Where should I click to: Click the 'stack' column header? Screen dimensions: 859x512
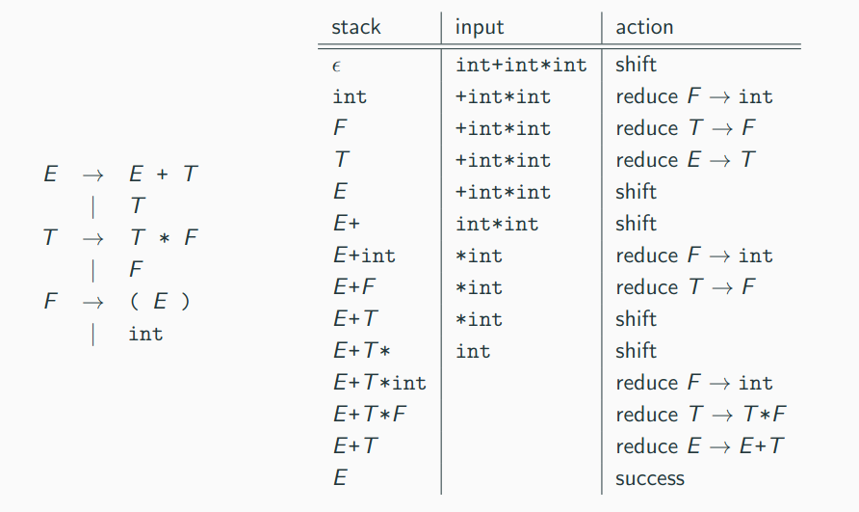tap(356, 27)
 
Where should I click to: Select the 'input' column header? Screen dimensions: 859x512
tap(480, 27)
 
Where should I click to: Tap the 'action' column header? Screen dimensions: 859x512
tap(644, 27)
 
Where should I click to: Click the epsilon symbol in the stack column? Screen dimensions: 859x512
tap(336, 67)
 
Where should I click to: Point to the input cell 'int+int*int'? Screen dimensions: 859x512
tap(521, 65)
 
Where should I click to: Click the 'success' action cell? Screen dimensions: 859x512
tap(650, 478)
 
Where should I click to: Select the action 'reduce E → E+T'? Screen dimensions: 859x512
tap(699, 446)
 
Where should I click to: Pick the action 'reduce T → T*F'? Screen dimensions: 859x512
tap(701, 415)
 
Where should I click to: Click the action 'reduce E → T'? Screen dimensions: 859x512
tap(686, 160)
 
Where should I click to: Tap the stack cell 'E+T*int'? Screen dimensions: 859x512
tap(379, 383)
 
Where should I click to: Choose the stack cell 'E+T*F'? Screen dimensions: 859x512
tap(370, 415)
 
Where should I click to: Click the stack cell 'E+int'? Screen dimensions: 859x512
tap(364, 256)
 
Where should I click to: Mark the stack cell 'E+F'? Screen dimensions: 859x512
tap(354, 287)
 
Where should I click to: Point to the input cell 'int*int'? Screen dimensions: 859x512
tap(497, 224)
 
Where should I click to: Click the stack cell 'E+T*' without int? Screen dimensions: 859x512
tap(361, 351)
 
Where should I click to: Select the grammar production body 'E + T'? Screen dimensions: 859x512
tap(164, 174)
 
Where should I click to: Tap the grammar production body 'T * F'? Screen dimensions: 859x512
tap(164, 237)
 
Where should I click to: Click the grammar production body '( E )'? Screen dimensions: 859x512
tap(160, 301)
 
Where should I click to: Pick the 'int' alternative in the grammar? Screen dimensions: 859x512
tap(145, 334)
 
